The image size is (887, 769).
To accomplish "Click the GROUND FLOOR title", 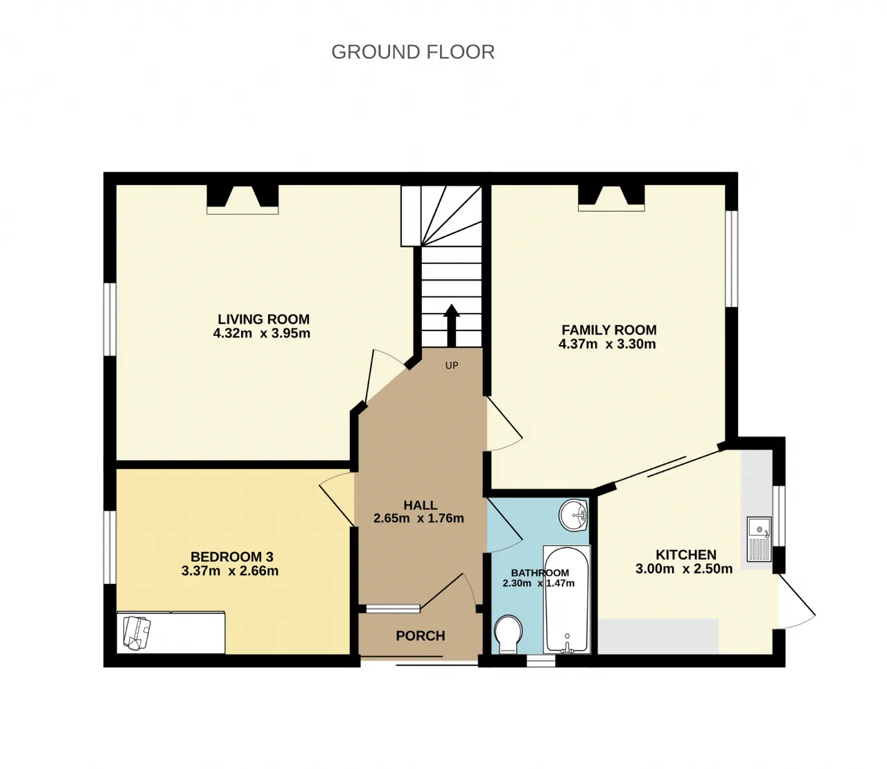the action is [413, 52].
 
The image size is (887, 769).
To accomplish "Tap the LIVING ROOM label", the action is [263, 319].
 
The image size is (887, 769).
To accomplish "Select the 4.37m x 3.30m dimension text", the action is [607, 344].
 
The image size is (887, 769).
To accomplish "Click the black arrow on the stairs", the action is [451, 326].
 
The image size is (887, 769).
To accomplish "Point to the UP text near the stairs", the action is [451, 365].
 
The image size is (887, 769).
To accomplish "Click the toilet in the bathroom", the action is [508, 635].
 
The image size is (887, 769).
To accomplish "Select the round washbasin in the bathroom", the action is [574, 515].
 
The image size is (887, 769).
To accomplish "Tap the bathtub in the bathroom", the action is [567, 600].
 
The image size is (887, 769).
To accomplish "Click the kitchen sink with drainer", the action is [759, 539].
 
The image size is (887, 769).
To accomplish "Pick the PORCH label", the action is [421, 635].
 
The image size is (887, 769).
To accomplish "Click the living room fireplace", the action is [243, 199].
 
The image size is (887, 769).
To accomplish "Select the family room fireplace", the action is [611, 198].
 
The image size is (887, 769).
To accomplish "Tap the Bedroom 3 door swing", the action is [336, 499].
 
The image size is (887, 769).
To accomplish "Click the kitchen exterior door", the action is [797, 601].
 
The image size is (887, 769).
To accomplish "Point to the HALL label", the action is [420, 505].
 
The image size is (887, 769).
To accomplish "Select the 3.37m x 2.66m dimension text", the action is [230, 571].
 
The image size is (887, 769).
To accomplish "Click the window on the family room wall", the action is [732, 259].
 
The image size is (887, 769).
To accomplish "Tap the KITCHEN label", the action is [686, 555].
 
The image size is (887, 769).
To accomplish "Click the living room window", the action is [110, 319].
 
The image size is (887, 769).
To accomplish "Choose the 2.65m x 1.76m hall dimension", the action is [419, 518].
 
